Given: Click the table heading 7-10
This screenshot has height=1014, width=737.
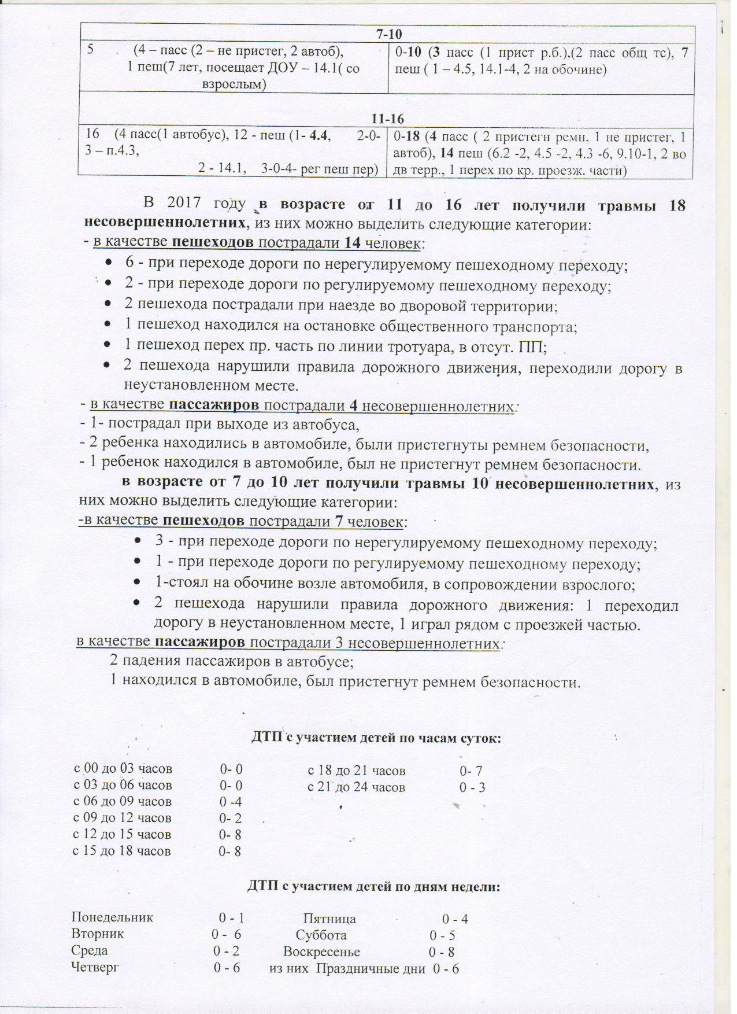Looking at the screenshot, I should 386,34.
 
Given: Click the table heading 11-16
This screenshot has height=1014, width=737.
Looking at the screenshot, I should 387,119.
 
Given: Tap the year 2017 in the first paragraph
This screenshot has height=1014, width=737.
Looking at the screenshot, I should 183,203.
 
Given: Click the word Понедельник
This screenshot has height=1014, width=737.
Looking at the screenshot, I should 112,917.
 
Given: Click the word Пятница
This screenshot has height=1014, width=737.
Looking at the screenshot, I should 329,919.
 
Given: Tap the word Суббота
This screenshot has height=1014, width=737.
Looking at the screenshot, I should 321,935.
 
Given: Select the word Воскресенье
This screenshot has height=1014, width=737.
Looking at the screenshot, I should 321,952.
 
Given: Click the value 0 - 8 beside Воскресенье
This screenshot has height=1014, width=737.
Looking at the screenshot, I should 442,952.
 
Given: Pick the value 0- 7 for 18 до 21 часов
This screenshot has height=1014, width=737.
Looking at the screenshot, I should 471,770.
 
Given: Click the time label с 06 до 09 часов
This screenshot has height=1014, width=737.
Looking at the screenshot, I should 123,802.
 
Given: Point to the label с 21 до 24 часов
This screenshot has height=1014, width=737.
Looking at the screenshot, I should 356,787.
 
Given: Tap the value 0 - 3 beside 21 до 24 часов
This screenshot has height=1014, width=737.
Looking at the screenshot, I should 472,787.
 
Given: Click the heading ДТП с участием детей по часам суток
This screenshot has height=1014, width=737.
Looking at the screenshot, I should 376,738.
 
